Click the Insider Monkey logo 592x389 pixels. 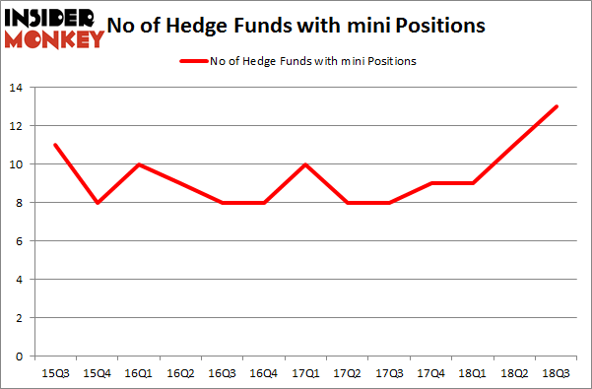54,27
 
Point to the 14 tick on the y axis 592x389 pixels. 18,89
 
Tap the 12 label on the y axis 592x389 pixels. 18,127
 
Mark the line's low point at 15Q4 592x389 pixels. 98,203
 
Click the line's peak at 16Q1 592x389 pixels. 139,164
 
